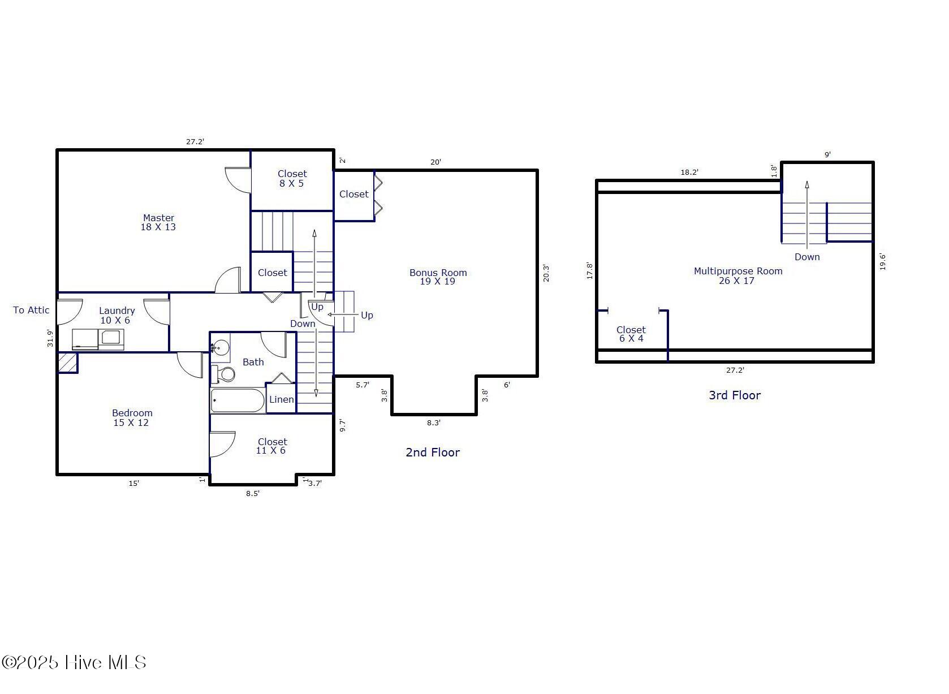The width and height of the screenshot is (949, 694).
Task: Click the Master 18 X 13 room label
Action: coord(158,222)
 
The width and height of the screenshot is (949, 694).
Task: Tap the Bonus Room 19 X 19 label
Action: coord(438,277)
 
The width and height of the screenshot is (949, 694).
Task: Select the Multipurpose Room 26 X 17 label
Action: coord(738,276)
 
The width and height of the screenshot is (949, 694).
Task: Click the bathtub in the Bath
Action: coord(238,400)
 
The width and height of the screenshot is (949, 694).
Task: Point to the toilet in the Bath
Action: coord(223,374)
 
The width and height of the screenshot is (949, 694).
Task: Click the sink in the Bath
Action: coord(221,348)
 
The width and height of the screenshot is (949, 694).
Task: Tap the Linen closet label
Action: coord(281,399)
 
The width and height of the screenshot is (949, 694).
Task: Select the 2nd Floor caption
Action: coord(433,452)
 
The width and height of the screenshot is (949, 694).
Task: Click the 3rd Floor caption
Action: coord(735,395)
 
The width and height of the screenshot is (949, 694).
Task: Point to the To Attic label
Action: coord(31,310)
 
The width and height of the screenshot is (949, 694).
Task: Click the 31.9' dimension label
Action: coord(50,338)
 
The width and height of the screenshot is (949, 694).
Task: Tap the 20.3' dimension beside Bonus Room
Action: coord(546,273)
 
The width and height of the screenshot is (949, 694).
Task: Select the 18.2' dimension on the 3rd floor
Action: coord(689,172)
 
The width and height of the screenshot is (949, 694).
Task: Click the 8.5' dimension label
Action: coord(252,493)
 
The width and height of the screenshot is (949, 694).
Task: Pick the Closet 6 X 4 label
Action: coord(631,334)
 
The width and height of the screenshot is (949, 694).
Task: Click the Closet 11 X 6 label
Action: coord(271,446)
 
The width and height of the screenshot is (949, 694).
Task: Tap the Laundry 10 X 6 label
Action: coord(117,316)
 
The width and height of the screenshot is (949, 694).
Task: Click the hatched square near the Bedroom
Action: coord(68,363)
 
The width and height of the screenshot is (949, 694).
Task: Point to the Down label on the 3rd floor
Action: coord(807,257)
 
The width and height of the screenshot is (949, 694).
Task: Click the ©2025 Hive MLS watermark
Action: coord(74,662)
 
